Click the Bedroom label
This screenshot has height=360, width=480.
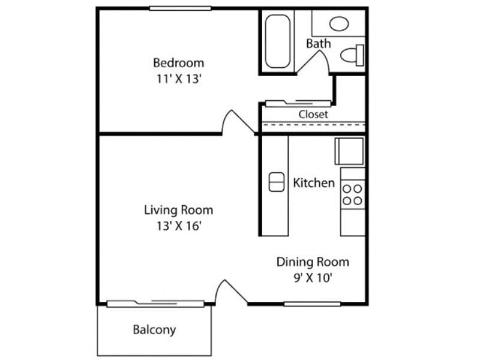tap(178, 62)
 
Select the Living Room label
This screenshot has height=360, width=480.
tap(178, 210)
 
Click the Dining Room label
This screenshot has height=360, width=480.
tap(313, 262)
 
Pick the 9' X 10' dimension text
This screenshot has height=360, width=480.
tap(313, 278)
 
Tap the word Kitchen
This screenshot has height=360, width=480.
tap(314, 183)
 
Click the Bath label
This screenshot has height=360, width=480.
tap(318, 44)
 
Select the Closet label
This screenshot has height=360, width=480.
tap(313, 114)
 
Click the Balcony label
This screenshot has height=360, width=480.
tap(154, 329)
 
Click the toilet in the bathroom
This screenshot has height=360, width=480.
tap(352, 55)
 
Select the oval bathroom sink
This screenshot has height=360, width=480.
tap(339, 24)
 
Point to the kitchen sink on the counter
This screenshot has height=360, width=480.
tap(276, 182)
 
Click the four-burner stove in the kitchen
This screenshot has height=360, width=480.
tap(352, 193)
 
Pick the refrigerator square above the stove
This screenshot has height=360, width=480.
tap(349, 151)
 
